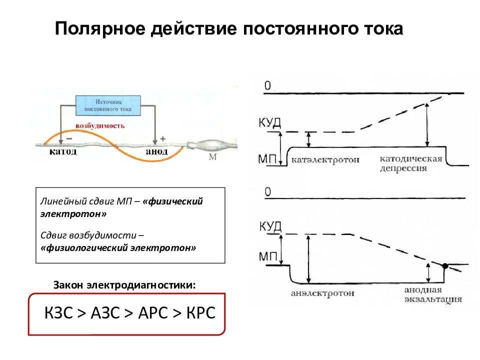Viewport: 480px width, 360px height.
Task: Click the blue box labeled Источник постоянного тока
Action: (108, 105)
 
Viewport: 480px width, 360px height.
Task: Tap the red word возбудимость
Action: (100, 126)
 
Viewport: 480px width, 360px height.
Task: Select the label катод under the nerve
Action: (63, 151)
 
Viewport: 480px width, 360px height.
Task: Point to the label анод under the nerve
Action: (156, 151)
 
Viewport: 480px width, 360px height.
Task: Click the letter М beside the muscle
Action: (212, 156)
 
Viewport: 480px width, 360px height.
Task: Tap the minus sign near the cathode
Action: (69, 138)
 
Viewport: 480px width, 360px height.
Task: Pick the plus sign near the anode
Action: (163, 138)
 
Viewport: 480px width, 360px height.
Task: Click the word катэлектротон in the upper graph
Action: (325, 160)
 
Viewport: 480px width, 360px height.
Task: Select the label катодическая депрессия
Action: (411, 163)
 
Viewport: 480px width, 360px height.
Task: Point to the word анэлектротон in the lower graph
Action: (322, 293)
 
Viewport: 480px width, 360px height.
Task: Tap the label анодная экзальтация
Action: (433, 294)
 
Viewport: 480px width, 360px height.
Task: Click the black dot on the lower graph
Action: (445, 265)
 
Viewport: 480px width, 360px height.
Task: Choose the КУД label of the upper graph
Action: (269, 122)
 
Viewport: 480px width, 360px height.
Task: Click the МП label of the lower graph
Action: (268, 256)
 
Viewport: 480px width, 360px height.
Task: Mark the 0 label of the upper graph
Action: (268, 85)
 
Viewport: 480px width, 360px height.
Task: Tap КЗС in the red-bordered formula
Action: (58, 313)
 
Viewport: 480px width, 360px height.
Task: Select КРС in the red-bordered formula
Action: (201, 313)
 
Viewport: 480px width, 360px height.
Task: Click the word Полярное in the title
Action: (100, 29)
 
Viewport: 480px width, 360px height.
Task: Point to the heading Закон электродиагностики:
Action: (124, 285)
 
